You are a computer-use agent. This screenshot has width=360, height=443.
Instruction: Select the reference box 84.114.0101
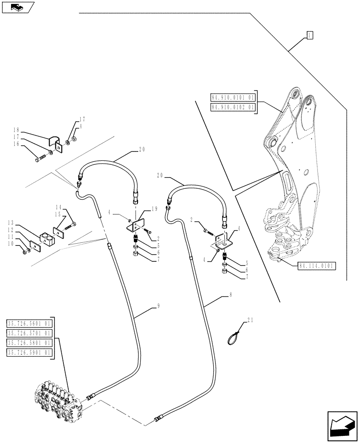click(x=317, y=266)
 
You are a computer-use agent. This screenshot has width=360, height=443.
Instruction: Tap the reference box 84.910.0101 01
click(x=232, y=97)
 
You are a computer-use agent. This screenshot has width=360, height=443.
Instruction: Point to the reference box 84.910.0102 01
click(x=232, y=107)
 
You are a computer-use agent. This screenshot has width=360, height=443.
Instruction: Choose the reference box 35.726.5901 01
click(x=29, y=353)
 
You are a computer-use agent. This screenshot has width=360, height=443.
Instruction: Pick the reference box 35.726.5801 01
click(x=29, y=343)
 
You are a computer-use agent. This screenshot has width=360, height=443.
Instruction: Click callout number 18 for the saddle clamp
click(x=16, y=131)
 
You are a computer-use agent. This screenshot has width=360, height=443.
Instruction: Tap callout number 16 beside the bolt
click(x=16, y=144)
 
